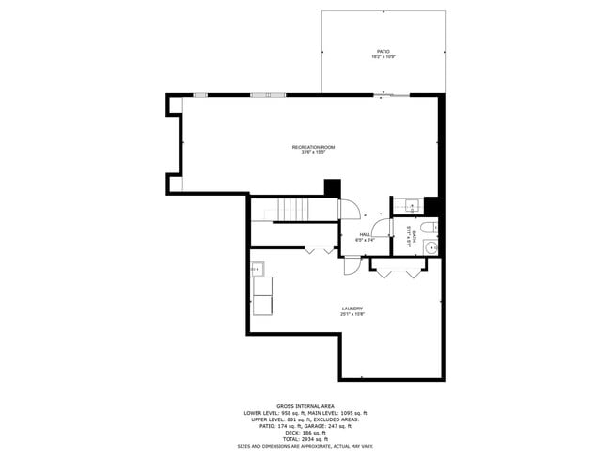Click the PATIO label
(x=383, y=52)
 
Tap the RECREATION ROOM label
(x=313, y=147)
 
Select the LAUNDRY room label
(x=352, y=309)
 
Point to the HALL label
(x=365, y=234)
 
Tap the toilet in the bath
(x=427, y=228)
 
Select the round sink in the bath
(x=430, y=247)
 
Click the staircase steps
(x=291, y=210)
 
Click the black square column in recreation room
(x=331, y=187)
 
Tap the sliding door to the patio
(x=390, y=94)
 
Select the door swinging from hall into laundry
(x=352, y=265)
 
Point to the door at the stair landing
(x=348, y=209)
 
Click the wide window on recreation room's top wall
(x=269, y=94)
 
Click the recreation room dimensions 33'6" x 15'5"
(x=313, y=152)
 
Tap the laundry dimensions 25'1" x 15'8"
(x=352, y=314)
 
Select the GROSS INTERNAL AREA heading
(x=305, y=405)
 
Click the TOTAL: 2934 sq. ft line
(x=305, y=439)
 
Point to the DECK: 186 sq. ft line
(x=305, y=433)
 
